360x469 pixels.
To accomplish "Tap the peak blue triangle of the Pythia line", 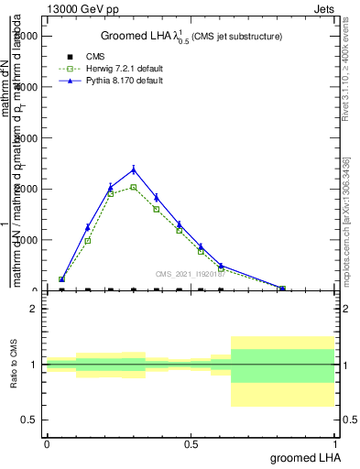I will pyautogui.click(x=134, y=169).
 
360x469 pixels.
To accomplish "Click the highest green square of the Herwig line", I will pyautogui.click(x=134, y=187).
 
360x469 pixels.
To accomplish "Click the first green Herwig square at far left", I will pyautogui.click(x=61, y=279).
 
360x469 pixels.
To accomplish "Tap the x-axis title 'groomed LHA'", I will pyautogui.click(x=302, y=457).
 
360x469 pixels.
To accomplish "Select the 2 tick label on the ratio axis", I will pyautogui.click(x=36, y=310).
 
